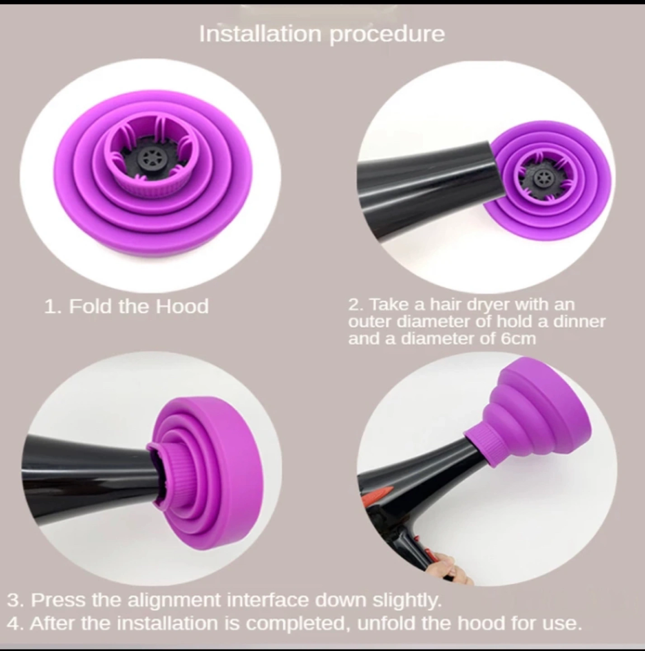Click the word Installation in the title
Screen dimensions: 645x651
260,34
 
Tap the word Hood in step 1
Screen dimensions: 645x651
182,307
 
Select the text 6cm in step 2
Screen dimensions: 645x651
518,339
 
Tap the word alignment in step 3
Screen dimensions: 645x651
174,599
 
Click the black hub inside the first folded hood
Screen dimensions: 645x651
150,158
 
